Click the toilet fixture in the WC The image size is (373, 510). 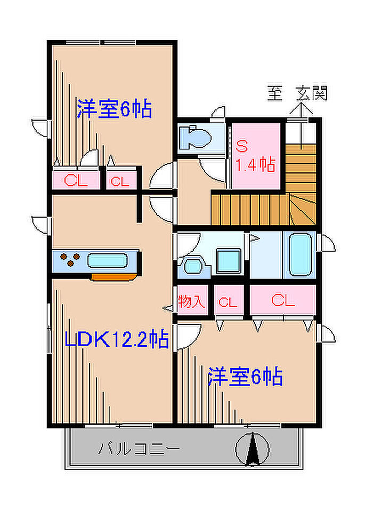[194, 138]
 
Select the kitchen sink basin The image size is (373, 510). [108, 261]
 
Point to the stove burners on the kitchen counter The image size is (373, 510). [69, 260]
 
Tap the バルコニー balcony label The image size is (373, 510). [138, 449]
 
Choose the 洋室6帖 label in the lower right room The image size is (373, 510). [245, 378]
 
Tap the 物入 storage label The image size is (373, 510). [191, 302]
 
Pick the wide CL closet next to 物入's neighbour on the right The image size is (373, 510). [282, 301]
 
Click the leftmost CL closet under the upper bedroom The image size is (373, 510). [75, 180]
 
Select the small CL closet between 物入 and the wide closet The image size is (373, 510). [228, 302]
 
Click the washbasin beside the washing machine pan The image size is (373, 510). [191, 265]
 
